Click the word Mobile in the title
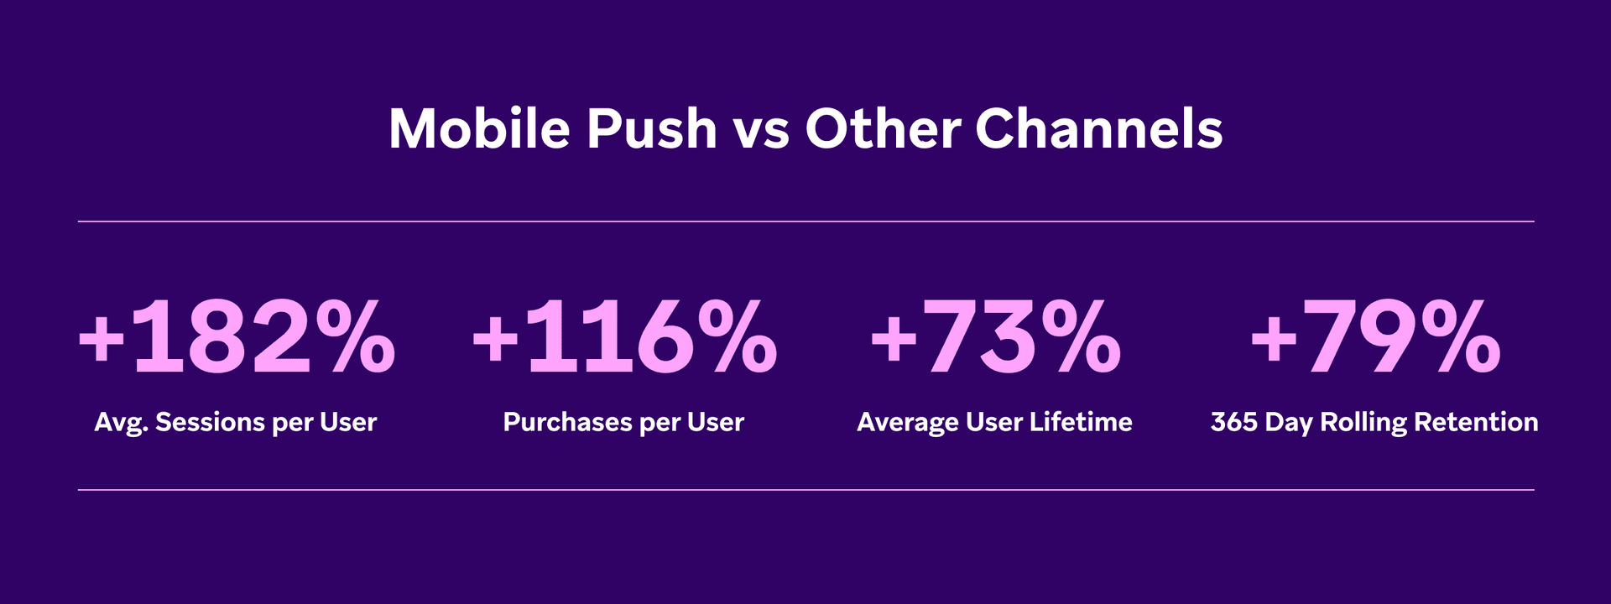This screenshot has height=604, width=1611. click(478, 129)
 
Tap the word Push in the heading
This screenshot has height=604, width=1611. click(651, 129)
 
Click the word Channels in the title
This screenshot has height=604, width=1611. click(1098, 129)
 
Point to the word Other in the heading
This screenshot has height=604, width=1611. click(883, 129)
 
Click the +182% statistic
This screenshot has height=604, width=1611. click(237, 338)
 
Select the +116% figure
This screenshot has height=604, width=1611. click(624, 338)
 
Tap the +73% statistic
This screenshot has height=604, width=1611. click(995, 338)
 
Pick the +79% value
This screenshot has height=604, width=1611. click(1374, 338)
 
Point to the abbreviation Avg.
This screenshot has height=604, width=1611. click(121, 423)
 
